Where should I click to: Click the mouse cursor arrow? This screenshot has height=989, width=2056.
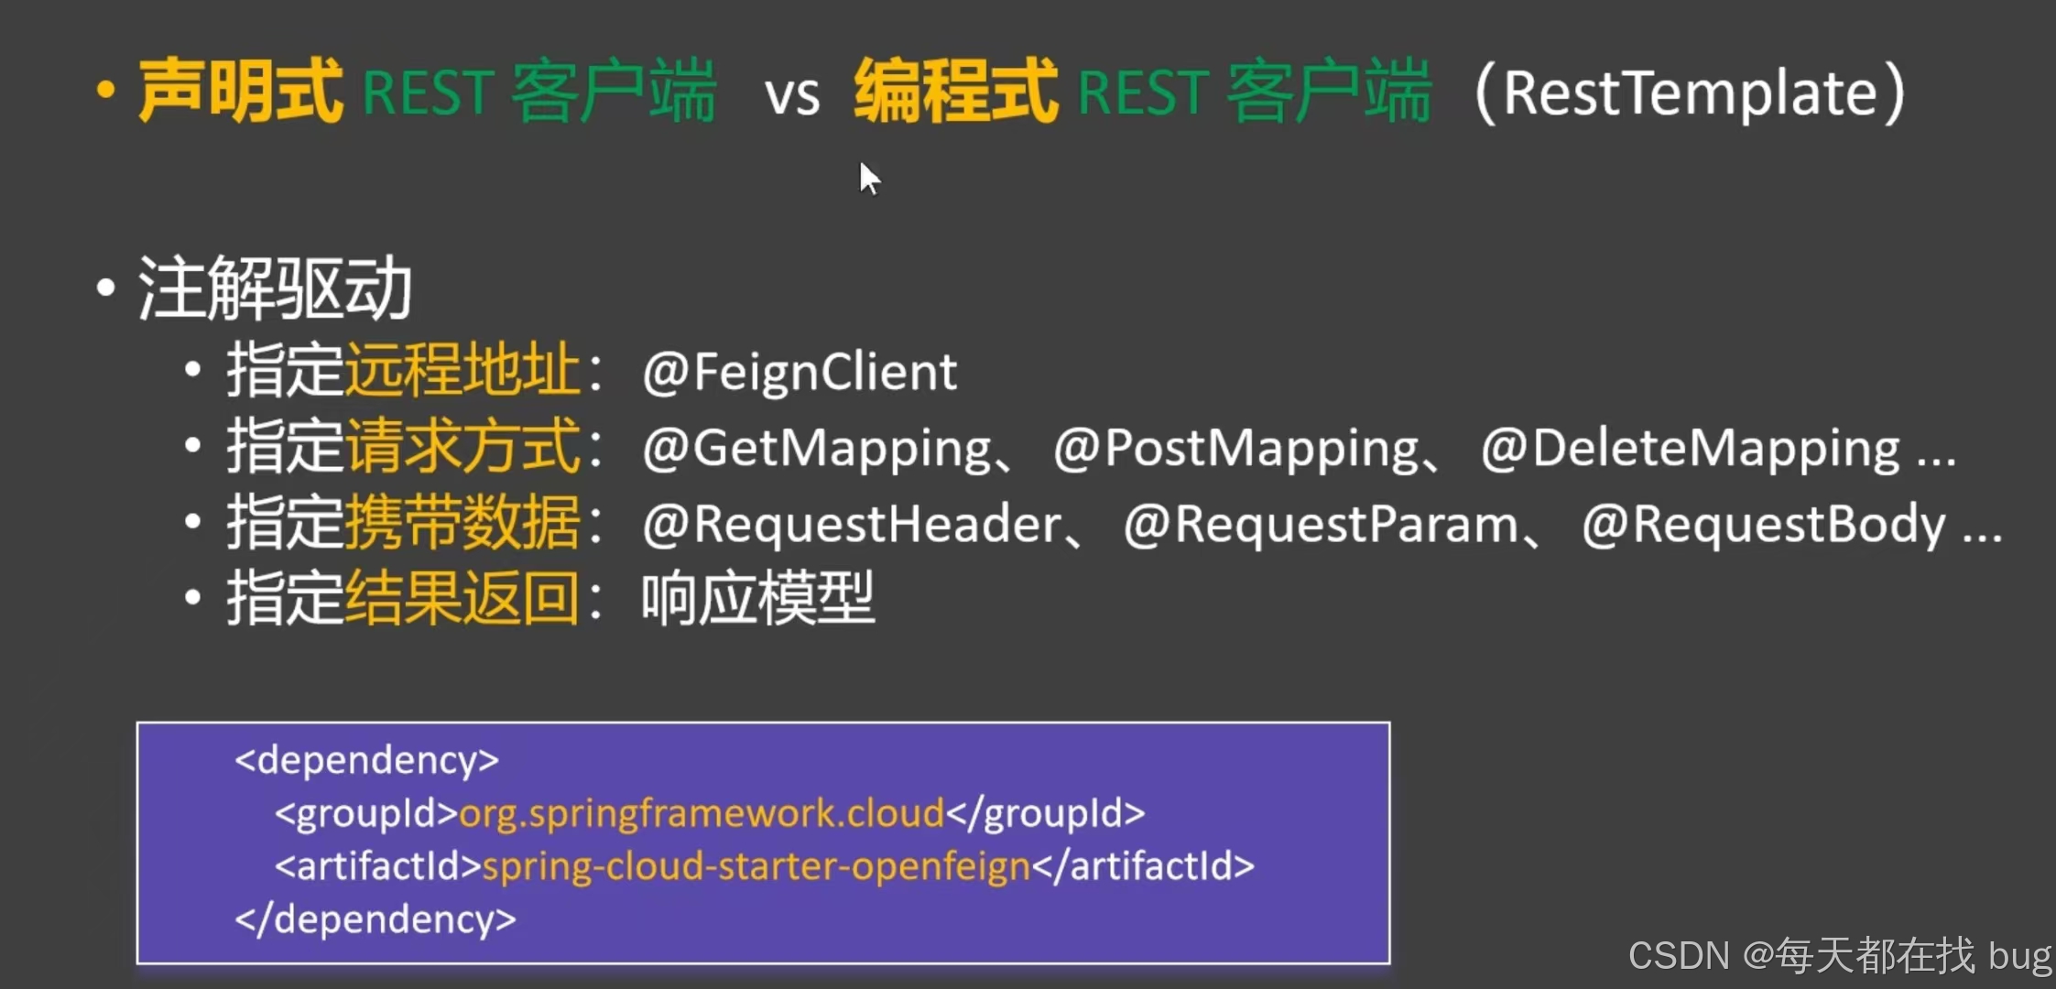tap(869, 179)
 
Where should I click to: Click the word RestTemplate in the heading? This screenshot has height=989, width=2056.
tap(1690, 93)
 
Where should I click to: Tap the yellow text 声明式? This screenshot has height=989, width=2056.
tap(241, 92)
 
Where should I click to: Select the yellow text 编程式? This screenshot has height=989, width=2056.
tap(955, 92)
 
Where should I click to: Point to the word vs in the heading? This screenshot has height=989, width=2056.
tap(792, 96)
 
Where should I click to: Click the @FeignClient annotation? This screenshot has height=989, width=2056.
tap(800, 373)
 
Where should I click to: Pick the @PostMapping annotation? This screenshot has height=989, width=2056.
tap(1235, 450)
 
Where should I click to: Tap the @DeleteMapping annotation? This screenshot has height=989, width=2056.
tap(1690, 450)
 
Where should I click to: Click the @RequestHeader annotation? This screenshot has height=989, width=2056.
tap(852, 526)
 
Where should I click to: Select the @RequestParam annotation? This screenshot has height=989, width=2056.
tap(1321, 526)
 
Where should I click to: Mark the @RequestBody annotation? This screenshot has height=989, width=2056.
tap(1763, 526)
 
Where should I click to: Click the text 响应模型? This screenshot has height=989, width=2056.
tap(757, 600)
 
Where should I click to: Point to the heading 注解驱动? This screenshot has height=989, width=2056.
tap(275, 288)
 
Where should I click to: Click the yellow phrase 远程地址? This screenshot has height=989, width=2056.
tap(462, 371)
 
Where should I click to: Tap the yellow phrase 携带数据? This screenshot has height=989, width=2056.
tap(462, 524)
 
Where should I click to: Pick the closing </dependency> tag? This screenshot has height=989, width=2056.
tap(375, 919)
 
